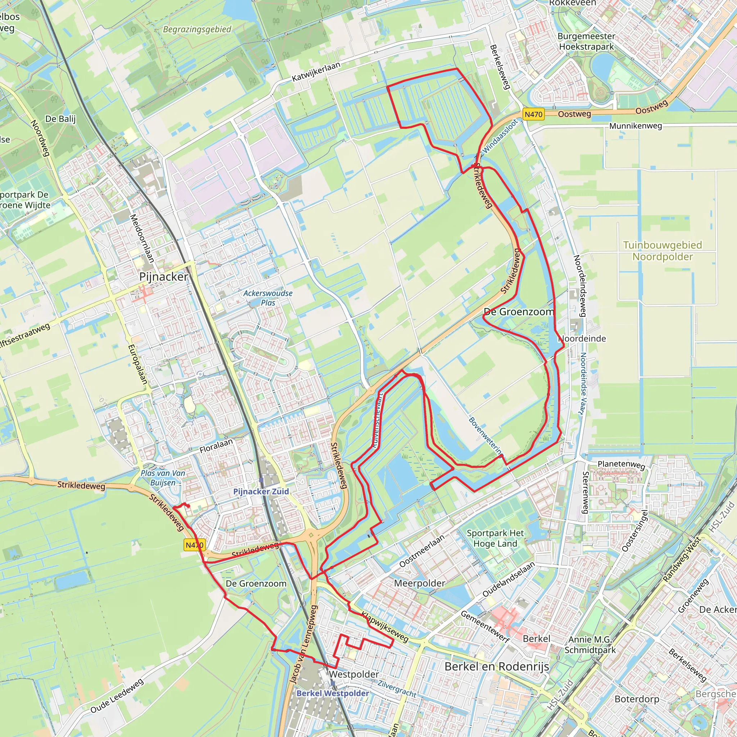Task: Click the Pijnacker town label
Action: [164, 277]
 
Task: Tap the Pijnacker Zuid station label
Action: [261, 491]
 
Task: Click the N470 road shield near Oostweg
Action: [533, 114]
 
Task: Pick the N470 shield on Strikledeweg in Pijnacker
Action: [195, 545]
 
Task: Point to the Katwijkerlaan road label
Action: [316, 72]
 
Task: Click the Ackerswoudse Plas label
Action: [268, 298]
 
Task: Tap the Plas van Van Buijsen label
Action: [163, 478]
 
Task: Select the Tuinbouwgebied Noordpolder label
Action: [663, 250]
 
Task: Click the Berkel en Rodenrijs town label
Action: [497, 666]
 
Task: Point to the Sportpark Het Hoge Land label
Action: [495, 538]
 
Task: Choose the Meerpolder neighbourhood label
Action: [419, 583]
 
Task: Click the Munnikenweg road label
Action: [636, 126]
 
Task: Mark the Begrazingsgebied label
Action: [197, 30]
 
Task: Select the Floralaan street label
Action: [216, 446]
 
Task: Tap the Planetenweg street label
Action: [621, 465]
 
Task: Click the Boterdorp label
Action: [637, 699]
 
